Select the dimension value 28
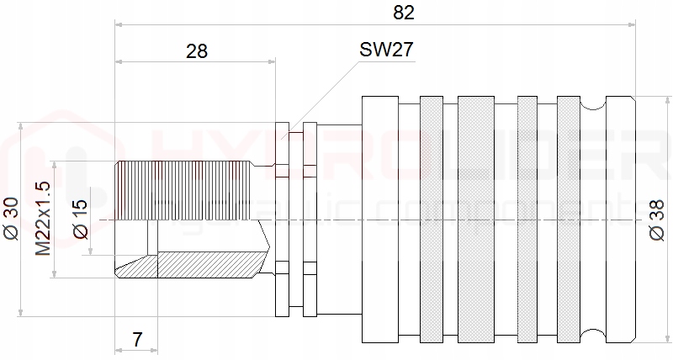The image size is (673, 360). (x=196, y=50)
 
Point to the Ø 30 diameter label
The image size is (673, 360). (x=11, y=220)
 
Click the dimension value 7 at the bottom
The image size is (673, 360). (x=137, y=340)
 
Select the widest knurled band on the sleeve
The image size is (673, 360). (x=476, y=220)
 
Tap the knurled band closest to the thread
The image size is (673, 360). (x=431, y=220)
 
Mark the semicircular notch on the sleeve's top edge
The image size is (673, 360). (x=593, y=103)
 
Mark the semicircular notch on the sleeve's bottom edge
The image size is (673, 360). (x=593, y=338)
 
